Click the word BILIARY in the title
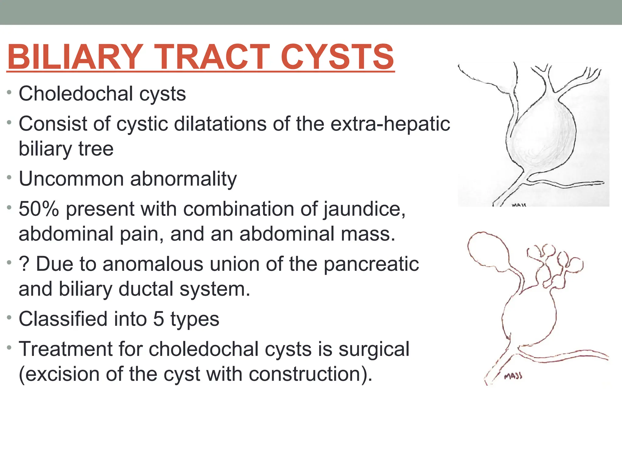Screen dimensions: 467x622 75,57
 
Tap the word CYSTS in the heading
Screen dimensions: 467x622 337,57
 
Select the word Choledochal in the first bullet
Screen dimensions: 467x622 76,94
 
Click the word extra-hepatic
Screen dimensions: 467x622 390,124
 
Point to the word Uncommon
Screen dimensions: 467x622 71,179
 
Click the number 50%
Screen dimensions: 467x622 39,209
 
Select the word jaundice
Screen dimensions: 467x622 364,210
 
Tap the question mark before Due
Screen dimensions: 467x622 24,264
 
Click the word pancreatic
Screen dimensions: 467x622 371,264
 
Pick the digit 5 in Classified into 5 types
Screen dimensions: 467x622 159,319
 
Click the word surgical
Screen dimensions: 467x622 374,349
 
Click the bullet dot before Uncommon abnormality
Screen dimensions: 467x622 9,177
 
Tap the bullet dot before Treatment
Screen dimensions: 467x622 9,347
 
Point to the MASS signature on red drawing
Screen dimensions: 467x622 513,376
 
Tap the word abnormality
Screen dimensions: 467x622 183,179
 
